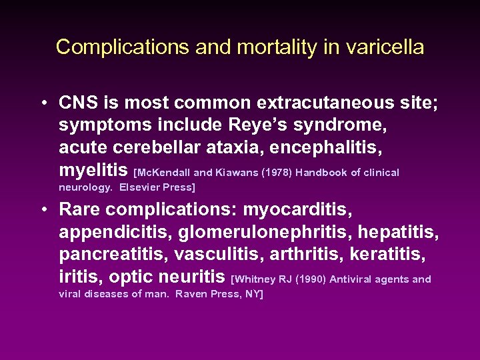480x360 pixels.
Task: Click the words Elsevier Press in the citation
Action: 157,187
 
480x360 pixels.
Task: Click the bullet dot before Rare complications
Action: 42,210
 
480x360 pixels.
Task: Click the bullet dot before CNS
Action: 42,104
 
